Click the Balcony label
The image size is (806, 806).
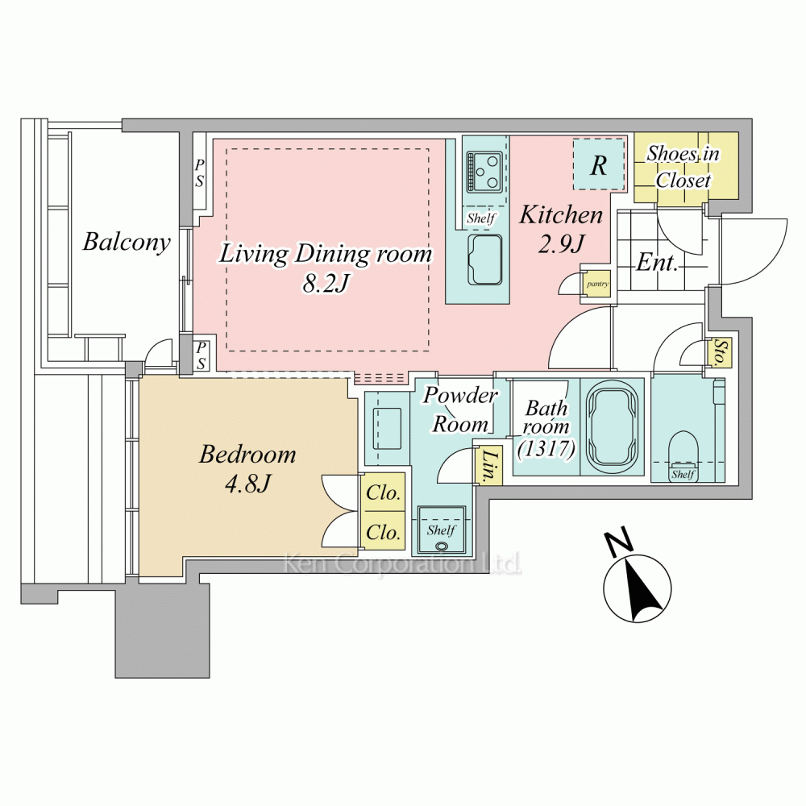(x=127, y=242)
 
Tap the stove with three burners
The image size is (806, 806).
(x=484, y=172)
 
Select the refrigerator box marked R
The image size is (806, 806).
(x=599, y=164)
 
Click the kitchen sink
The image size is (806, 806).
(x=484, y=260)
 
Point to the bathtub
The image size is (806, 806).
(x=613, y=426)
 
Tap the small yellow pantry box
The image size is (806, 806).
(x=597, y=284)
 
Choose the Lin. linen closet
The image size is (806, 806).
(x=488, y=465)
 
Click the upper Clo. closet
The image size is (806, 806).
(x=384, y=492)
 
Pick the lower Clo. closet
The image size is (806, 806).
(x=384, y=531)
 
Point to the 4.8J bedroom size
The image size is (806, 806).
(x=247, y=483)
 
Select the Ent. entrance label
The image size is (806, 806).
(x=658, y=263)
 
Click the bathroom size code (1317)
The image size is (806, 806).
(x=546, y=449)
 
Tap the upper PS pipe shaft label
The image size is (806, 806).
(x=199, y=172)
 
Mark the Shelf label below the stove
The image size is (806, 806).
(x=480, y=218)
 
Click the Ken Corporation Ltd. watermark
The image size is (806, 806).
(x=403, y=564)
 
